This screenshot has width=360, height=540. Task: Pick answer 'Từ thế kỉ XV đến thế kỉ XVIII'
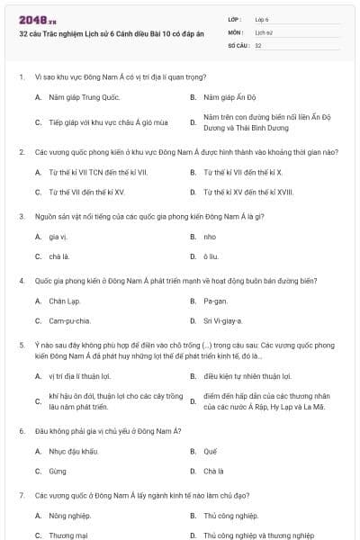pyautogui.click(x=248, y=192)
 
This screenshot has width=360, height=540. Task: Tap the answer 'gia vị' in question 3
pyautogui.click(x=58, y=237)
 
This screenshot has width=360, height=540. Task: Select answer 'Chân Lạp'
pyautogui.click(x=65, y=301)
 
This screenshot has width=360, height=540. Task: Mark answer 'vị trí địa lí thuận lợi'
pyautogui.click(x=85, y=376)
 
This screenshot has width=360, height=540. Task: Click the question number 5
pyautogui.click(x=21, y=344)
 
